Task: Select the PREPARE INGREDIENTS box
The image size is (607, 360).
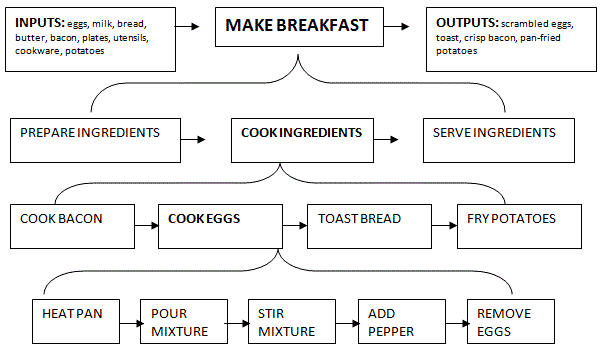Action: [90, 139]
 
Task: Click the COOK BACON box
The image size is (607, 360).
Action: [75, 225]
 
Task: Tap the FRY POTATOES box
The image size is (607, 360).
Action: [511, 225]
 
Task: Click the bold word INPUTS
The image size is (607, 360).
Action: [41, 22]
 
